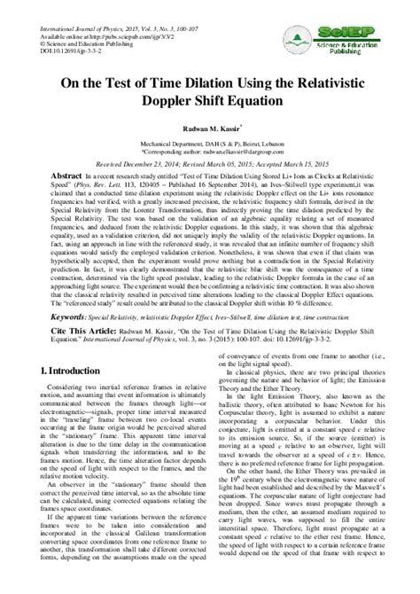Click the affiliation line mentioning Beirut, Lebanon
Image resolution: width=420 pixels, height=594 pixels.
pos(211,144)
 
